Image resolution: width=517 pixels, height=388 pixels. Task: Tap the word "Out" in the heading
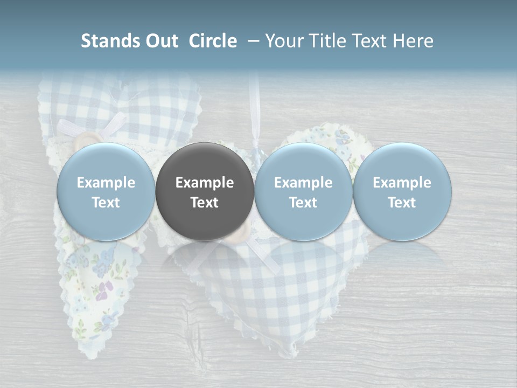tap(160, 41)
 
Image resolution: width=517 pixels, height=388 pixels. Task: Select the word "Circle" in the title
tap(213, 41)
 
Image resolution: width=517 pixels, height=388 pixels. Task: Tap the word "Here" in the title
tap(413, 41)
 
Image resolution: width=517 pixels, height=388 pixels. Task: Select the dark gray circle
tap(205, 191)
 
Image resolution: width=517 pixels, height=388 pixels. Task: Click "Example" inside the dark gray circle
tap(205, 183)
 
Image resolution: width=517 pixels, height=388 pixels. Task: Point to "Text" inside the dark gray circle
tap(205, 203)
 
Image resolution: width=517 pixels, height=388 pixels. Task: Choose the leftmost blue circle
tap(106, 191)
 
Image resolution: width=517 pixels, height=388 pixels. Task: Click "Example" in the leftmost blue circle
tap(106, 183)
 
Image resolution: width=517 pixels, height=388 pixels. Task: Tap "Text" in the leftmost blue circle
tap(106, 203)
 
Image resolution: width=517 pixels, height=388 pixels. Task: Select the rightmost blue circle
tap(402, 191)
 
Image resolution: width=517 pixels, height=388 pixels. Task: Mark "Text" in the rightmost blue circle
tap(402, 203)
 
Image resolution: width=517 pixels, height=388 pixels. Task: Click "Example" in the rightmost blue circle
tap(402, 183)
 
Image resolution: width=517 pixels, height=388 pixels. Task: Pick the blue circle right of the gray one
tap(303, 191)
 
